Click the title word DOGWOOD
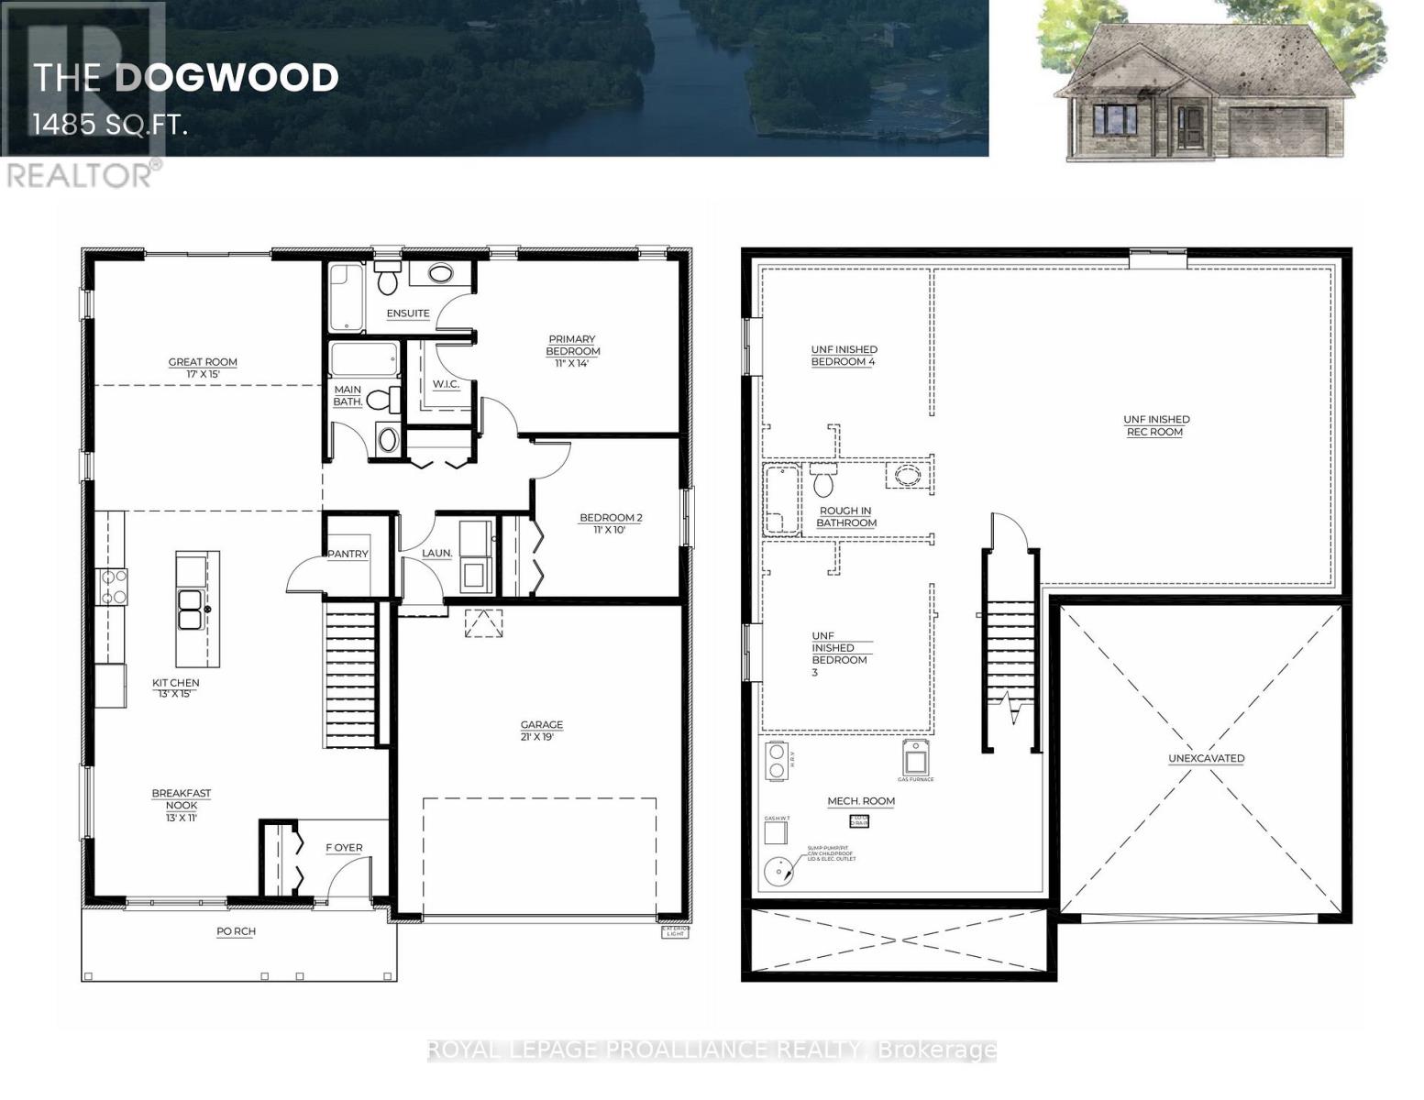[226, 78]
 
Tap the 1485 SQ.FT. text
[110, 125]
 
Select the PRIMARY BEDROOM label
[572, 346]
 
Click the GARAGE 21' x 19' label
[541, 731]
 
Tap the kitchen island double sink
[191, 610]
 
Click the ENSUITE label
[408, 313]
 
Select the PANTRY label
[348, 554]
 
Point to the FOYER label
[344, 848]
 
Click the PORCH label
[236, 931]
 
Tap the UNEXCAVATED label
[1206, 758]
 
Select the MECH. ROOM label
[861, 801]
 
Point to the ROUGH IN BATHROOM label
[845, 517]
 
